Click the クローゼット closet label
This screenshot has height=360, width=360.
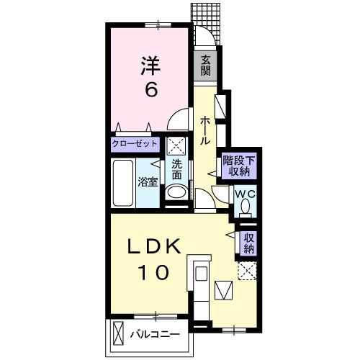click(135, 143)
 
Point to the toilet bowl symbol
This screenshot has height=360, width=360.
click(245, 207)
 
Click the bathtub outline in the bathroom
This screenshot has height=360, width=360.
click(123, 182)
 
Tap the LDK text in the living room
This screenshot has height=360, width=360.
click(153, 247)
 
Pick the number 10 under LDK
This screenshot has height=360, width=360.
click(153, 273)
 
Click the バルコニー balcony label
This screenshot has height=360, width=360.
click(154, 333)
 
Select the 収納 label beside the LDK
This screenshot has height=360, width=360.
click(248, 243)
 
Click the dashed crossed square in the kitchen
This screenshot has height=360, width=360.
click(248, 271)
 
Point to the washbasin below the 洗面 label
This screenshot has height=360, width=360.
click(175, 193)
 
